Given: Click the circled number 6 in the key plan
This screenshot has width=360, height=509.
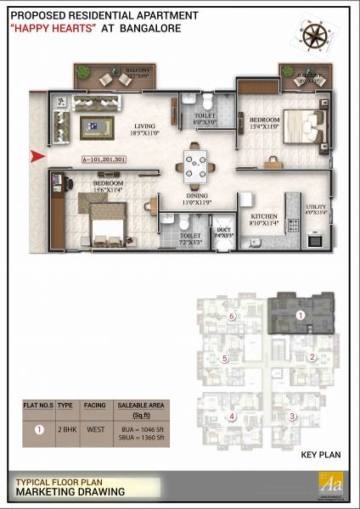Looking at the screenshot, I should [x=230, y=316].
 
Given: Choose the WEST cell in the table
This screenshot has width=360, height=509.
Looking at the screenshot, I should [x=94, y=428].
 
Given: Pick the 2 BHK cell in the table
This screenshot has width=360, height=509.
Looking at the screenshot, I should [x=65, y=428].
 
